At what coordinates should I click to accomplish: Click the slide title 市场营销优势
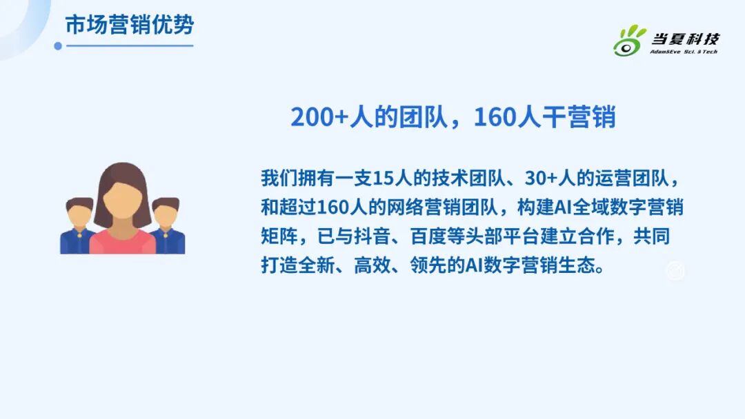pyautogui.click(x=129, y=25)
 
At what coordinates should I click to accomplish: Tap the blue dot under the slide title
pyautogui.click(x=58, y=46)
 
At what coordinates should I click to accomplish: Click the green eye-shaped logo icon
pyautogui.click(x=629, y=41)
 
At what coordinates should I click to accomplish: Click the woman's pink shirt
pyautogui.click(x=122, y=243)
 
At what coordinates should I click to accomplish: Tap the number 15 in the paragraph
pyautogui.click(x=382, y=177)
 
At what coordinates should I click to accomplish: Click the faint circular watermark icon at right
pyautogui.click(x=675, y=272)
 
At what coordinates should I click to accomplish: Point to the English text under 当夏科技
pyautogui.click(x=684, y=52)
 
